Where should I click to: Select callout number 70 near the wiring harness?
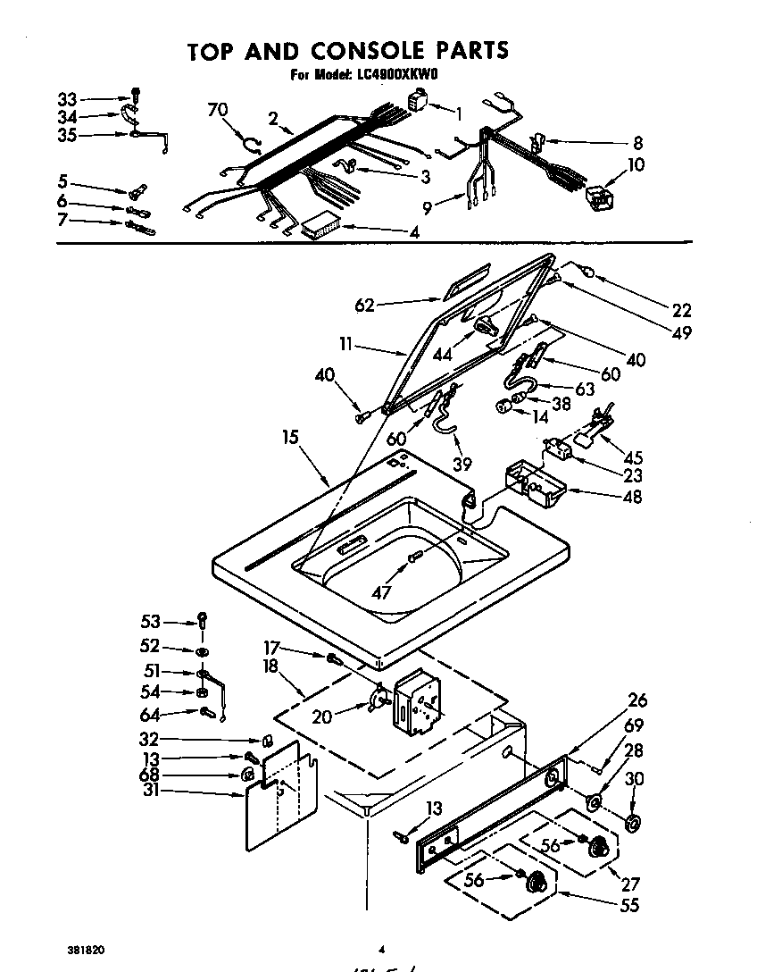217,110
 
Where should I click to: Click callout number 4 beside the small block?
414,232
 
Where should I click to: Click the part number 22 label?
682,310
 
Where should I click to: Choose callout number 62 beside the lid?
363,306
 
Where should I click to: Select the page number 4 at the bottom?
380,950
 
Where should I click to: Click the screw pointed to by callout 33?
135,96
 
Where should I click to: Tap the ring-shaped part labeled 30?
634,823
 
